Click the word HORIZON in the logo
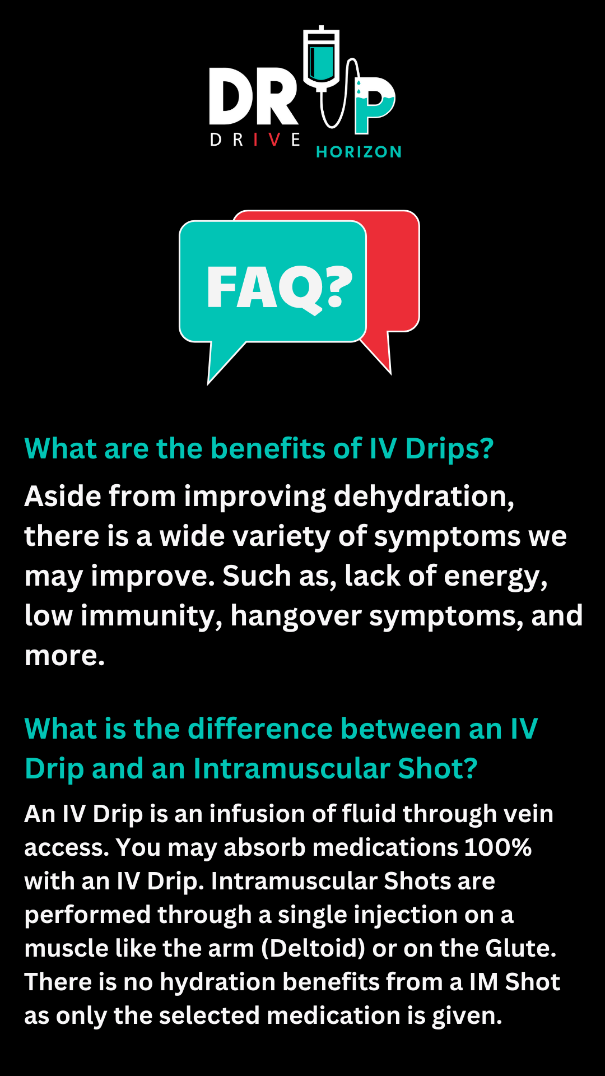[x=359, y=152]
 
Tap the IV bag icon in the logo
[x=322, y=58]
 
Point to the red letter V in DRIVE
[x=274, y=140]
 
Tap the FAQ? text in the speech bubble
[x=279, y=288]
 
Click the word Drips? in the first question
[x=449, y=449]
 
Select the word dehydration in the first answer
[x=424, y=497]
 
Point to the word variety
[x=281, y=536]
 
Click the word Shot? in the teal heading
[x=438, y=768]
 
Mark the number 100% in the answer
[x=497, y=847]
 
